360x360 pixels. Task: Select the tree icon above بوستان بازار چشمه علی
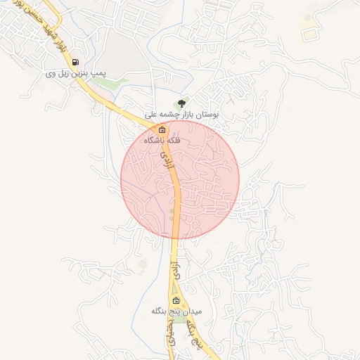click(184, 103)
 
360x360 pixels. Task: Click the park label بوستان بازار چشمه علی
click(182, 113)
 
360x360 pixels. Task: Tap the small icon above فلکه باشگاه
click(162, 130)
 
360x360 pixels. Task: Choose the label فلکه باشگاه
click(162, 140)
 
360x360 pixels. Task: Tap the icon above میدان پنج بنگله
click(176, 300)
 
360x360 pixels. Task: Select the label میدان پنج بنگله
click(176, 310)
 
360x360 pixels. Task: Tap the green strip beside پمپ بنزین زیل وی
click(105, 82)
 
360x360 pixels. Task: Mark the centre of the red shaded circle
click(180, 179)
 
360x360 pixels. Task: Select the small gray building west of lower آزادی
click(143, 264)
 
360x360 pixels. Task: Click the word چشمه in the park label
click(176, 113)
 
